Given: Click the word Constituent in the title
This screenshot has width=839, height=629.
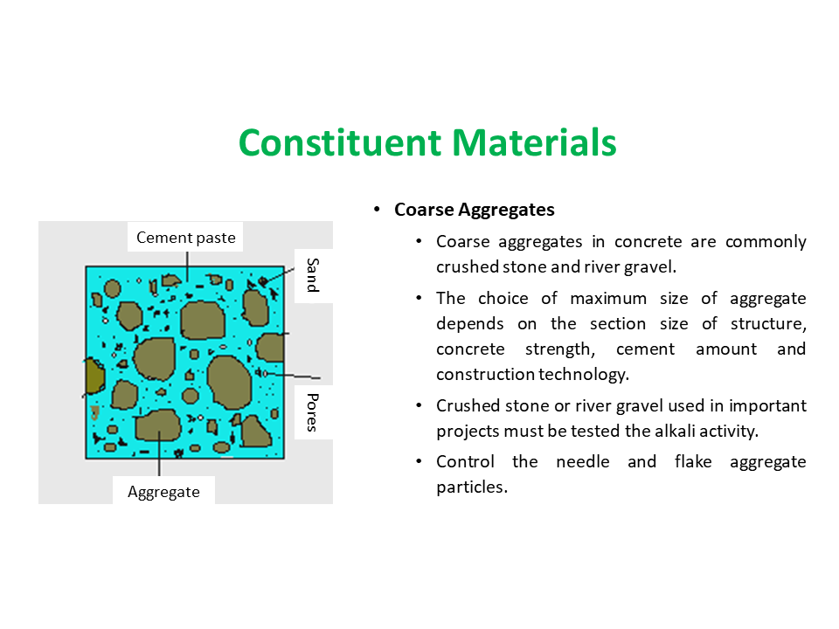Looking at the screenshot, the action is coord(340,142).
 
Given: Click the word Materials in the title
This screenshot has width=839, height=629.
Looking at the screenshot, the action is coord(535,142).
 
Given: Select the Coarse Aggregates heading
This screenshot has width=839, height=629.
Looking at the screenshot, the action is coord(474,210).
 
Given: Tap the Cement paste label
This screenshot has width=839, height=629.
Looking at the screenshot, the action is coord(185,238).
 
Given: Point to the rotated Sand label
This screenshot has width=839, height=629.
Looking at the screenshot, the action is coord(313,275).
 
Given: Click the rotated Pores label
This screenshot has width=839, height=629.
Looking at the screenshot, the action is coord(313,411).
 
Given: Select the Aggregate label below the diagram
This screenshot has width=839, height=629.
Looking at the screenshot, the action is coord(163,492).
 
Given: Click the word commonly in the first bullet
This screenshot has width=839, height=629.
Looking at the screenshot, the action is coord(766,242).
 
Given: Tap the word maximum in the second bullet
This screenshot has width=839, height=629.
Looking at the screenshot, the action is coord(608,298).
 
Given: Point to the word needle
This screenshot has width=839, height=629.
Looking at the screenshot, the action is coord(583,461).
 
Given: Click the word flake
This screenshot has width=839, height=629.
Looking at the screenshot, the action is coord(693,461).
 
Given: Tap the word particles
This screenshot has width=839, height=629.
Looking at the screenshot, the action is coord(472,487).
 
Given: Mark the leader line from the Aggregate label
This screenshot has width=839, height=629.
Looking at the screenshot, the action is coord(159,453).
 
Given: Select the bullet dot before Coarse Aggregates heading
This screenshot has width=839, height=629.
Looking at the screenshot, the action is coord(378,209).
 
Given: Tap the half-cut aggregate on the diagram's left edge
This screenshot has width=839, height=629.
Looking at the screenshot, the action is coord(94,376).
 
